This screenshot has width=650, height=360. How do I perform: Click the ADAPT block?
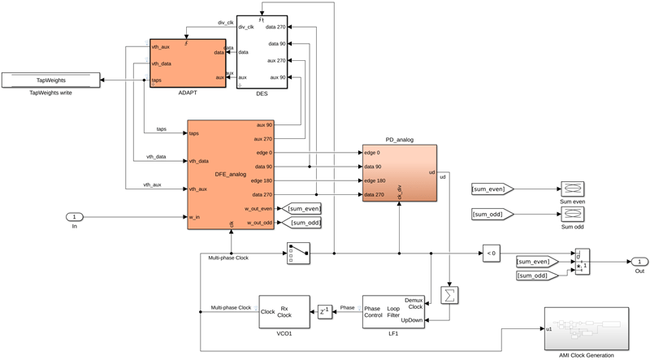point(187,63)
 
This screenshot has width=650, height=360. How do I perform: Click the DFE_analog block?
point(231,174)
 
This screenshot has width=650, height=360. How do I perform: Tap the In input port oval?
point(74,217)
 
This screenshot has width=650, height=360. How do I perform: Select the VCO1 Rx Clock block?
point(284,312)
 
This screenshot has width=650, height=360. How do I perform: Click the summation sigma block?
point(448,295)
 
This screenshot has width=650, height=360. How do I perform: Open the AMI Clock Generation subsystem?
point(586,328)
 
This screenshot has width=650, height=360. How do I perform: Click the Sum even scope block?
point(573,189)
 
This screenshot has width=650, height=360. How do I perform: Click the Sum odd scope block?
point(573,215)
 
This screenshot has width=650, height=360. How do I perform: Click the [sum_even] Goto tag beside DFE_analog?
point(301,209)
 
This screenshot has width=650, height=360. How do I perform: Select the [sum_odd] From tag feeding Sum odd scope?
point(489,215)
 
